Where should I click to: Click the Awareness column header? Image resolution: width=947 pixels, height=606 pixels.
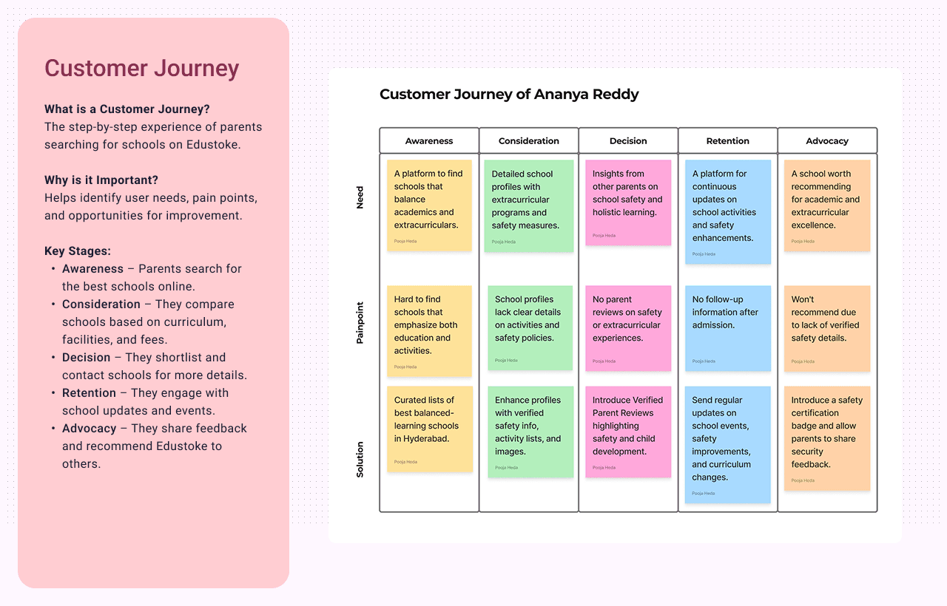tap(429, 140)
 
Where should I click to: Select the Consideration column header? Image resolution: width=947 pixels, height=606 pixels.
tap(528, 140)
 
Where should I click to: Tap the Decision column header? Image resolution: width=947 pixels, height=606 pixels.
tap(628, 140)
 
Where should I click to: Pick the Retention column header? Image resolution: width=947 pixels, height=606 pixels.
tap(727, 140)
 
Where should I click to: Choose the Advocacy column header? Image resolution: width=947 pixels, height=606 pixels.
tap(827, 140)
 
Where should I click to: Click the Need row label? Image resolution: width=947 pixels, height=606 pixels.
tap(360, 197)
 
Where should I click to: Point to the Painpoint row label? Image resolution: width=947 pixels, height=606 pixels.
tap(360, 322)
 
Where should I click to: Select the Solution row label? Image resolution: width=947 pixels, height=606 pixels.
tap(360, 459)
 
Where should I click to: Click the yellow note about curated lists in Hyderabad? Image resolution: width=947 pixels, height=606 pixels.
tap(429, 429)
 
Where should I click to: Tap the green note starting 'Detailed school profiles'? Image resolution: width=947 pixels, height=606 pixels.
tap(528, 205)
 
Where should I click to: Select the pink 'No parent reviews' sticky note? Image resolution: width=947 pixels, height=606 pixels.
tap(628, 327)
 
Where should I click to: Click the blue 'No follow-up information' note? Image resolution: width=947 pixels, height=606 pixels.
tap(727, 327)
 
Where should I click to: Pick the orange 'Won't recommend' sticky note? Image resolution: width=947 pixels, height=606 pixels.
tap(827, 328)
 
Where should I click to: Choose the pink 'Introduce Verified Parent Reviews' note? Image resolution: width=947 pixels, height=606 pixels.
tap(628, 432)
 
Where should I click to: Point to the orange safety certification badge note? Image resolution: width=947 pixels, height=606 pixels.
tap(827, 438)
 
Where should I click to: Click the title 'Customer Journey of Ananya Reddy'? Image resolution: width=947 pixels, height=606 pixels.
tap(509, 94)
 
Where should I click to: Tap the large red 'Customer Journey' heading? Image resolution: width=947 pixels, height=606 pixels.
tap(141, 68)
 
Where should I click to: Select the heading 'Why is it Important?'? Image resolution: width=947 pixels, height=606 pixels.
tap(101, 180)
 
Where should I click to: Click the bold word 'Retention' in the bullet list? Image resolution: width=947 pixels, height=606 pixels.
tap(89, 392)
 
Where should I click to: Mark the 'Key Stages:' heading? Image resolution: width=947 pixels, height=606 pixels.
tap(78, 251)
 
